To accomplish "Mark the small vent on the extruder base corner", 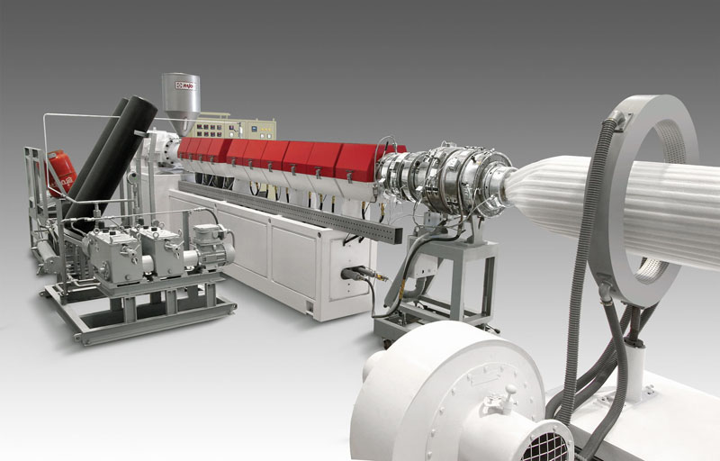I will [x=309, y=307].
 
